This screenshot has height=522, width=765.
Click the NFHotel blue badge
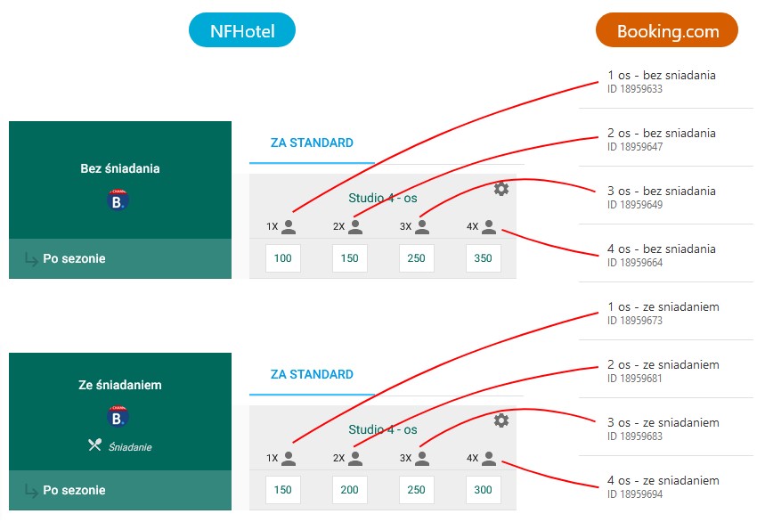(241, 31)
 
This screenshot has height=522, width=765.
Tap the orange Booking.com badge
(667, 31)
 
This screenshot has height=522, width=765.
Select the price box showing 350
(483, 258)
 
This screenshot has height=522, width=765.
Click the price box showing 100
(282, 258)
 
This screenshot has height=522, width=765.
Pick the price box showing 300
(483, 490)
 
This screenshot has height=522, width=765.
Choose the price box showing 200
(349, 490)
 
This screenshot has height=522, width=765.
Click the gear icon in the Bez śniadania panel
(501, 188)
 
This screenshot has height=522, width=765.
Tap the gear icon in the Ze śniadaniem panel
(501, 420)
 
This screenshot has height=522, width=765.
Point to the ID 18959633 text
(634, 89)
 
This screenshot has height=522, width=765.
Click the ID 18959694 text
(634, 494)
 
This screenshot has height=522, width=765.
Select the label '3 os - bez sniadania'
(661, 191)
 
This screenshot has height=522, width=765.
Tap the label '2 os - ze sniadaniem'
(663, 364)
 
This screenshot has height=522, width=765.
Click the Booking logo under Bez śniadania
(118, 200)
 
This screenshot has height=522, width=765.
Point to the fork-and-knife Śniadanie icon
(95, 445)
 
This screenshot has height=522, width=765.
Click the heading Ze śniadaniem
(120, 386)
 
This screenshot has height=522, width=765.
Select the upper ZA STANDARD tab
(312, 143)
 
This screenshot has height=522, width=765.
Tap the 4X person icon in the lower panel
(489, 459)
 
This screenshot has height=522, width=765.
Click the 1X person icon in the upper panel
(289, 227)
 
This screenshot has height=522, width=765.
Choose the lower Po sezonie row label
(74, 490)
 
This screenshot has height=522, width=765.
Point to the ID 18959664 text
(634, 263)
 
